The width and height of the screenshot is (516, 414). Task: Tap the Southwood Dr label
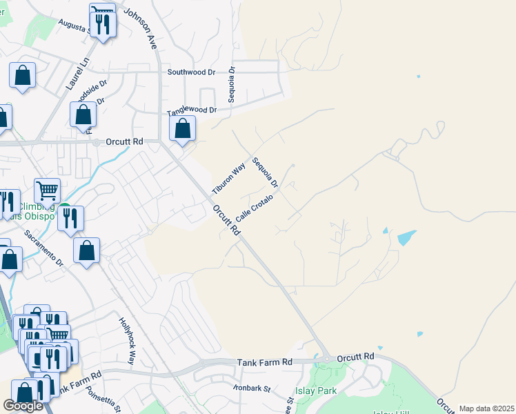tap(192, 72)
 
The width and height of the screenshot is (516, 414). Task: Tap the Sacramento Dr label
tap(43, 248)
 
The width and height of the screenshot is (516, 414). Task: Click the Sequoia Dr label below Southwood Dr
tap(232, 84)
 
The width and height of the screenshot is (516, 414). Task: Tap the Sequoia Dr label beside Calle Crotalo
tap(264, 173)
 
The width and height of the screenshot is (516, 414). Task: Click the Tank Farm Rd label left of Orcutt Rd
tap(265, 362)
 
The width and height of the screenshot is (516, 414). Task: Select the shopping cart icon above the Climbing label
tap(48, 190)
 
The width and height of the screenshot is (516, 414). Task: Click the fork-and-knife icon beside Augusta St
tap(103, 24)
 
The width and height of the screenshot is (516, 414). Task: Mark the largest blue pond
tap(406, 238)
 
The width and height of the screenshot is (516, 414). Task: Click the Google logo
tap(23, 405)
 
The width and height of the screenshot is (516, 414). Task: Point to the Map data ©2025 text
tap(486, 408)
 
